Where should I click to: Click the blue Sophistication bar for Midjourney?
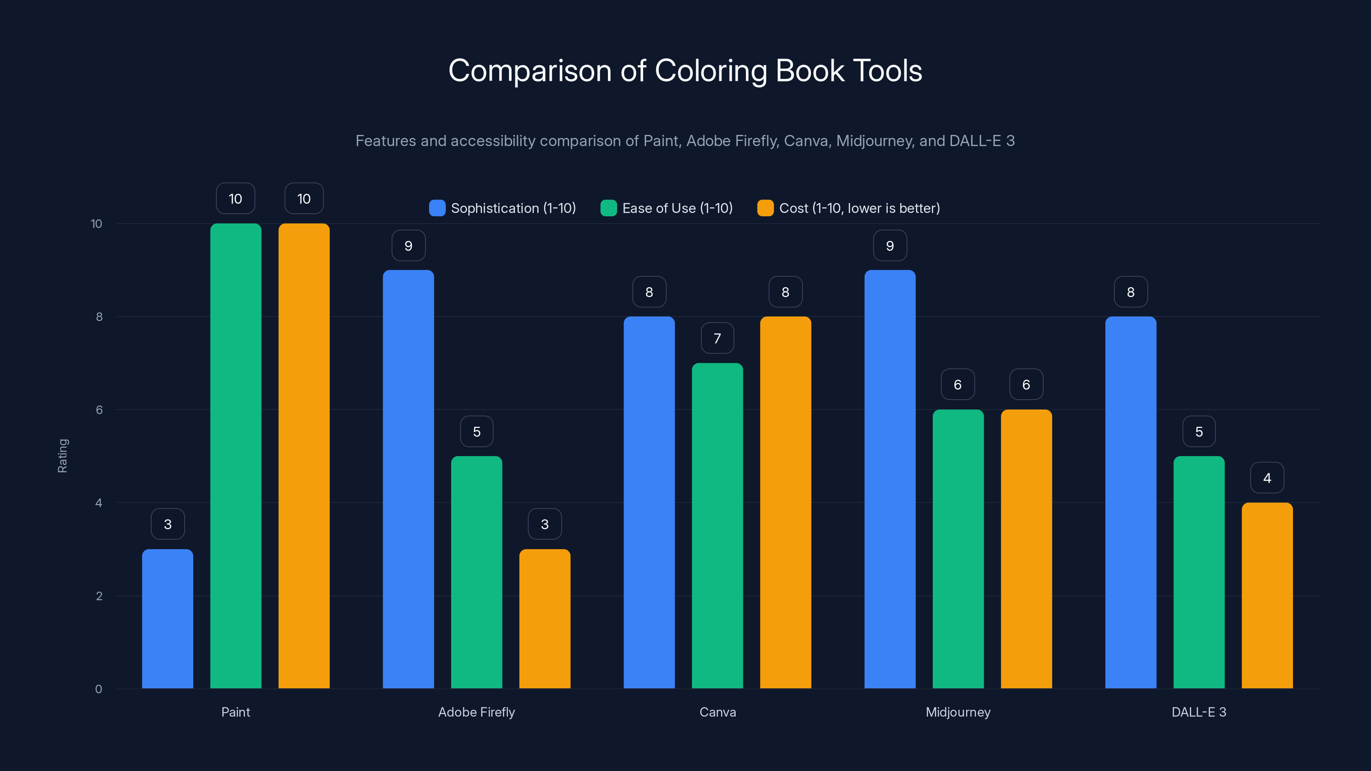[x=890, y=479]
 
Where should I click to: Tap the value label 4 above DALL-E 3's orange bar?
[x=1267, y=478]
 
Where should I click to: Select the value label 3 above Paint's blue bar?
[x=168, y=524]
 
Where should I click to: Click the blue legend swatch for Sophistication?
[x=437, y=208]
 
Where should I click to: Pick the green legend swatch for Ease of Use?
[x=608, y=208]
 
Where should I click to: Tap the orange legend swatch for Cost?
[x=765, y=208]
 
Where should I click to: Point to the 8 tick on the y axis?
[x=99, y=317]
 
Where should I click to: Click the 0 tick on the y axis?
[x=99, y=689]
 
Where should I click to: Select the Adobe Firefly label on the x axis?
[x=476, y=712]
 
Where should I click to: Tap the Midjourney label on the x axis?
[x=958, y=712]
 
